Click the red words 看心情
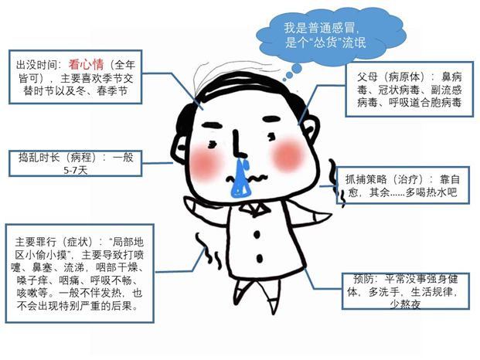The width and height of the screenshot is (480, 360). point(86,65)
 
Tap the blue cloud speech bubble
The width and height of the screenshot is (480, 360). point(329,37)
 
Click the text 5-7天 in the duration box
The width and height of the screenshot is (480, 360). point(75,170)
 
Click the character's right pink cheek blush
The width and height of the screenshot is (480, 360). point(287,155)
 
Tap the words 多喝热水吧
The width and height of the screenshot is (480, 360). point(431,192)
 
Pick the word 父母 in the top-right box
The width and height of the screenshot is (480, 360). point(367,76)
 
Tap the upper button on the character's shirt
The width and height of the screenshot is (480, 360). point(257,235)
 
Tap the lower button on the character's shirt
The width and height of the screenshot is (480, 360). point(259,259)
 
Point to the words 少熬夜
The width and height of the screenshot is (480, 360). point(405,304)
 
